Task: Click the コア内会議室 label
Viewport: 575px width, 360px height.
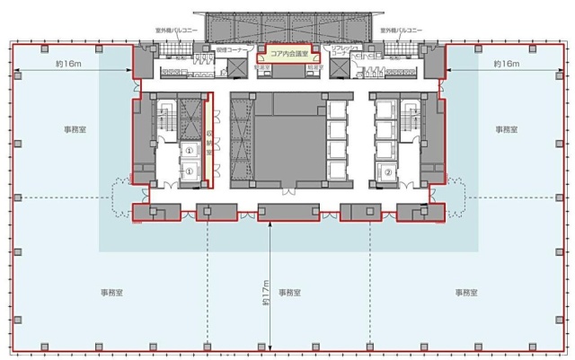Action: pyautogui.click(x=287, y=54)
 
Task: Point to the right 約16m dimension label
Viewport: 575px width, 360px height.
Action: pyautogui.click(x=506, y=65)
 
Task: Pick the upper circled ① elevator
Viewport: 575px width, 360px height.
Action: pyautogui.click(x=190, y=151)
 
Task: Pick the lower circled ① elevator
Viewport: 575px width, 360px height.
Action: pyautogui.click(x=190, y=171)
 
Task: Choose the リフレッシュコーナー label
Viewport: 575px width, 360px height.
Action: pyautogui.click(x=341, y=52)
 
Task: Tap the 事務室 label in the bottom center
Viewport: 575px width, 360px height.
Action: pyautogui.click(x=289, y=293)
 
